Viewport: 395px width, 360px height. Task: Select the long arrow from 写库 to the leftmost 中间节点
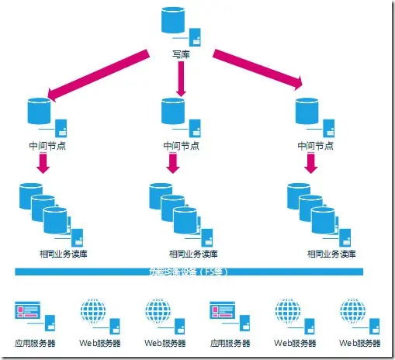pyautogui.click(x=97, y=74)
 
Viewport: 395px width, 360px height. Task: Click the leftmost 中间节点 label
pyautogui.click(x=42, y=144)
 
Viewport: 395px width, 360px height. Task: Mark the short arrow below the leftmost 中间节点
pyautogui.click(x=43, y=162)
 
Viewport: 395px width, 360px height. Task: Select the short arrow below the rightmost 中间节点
pyautogui.click(x=311, y=162)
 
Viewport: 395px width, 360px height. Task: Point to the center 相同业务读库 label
pyautogui.click(x=189, y=254)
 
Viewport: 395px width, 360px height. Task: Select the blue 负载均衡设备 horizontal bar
pyautogui.click(x=189, y=272)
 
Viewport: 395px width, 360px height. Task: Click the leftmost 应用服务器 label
pyautogui.click(x=35, y=341)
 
